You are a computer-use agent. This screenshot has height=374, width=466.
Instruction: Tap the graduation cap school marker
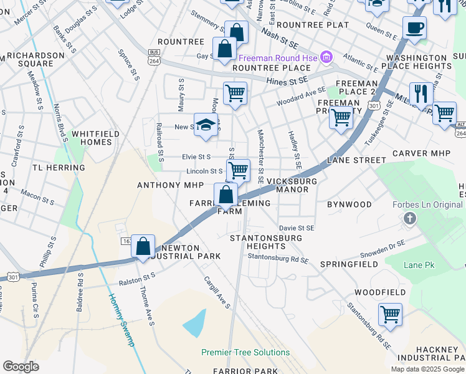pos(205,125)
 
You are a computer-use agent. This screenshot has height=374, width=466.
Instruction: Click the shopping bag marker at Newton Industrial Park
pos(143,246)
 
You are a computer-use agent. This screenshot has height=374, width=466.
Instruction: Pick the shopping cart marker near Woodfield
pos(390,314)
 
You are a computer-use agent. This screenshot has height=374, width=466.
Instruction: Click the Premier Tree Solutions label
pos(237,352)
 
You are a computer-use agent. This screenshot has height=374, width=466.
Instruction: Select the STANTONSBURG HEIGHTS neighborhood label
pos(266,242)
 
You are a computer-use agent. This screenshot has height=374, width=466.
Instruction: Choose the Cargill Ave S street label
pos(217,292)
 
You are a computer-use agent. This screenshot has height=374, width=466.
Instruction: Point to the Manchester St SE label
pos(261,156)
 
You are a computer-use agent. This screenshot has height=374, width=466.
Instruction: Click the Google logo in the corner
pos(21,367)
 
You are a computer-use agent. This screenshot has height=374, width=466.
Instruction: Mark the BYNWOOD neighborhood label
pos(349,204)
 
